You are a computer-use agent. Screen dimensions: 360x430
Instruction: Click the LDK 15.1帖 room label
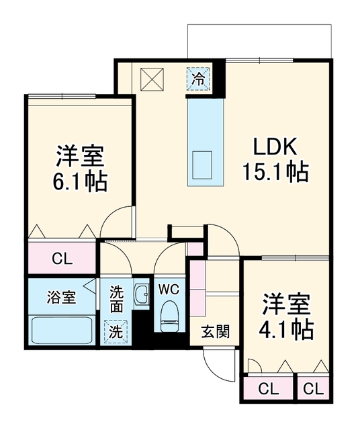[x=276, y=160]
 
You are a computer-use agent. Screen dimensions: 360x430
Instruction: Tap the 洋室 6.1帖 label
[x=80, y=168]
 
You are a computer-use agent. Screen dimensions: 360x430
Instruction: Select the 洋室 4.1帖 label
[x=286, y=316]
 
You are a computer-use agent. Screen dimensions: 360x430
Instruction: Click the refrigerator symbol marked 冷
[x=198, y=79]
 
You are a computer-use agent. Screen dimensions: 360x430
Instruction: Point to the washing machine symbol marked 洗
[x=116, y=331]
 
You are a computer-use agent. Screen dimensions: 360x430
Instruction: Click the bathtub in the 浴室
[x=61, y=330]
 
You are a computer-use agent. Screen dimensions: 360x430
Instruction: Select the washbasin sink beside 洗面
[x=142, y=294]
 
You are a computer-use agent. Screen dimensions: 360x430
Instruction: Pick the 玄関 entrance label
[x=215, y=331]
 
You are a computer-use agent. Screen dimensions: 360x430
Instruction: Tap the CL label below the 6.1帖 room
[x=62, y=258]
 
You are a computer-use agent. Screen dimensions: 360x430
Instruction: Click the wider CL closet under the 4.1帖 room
[x=269, y=388]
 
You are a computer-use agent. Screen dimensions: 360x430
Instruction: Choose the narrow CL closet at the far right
[x=314, y=388]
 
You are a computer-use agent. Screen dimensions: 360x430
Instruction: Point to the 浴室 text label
[x=61, y=297]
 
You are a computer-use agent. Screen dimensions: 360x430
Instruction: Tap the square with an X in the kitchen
[x=152, y=79]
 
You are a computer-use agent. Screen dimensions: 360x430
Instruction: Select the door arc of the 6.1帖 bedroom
[x=109, y=215]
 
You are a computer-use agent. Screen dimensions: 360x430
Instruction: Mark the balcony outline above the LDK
[x=260, y=25]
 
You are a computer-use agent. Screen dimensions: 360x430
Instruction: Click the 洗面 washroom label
[x=116, y=300]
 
